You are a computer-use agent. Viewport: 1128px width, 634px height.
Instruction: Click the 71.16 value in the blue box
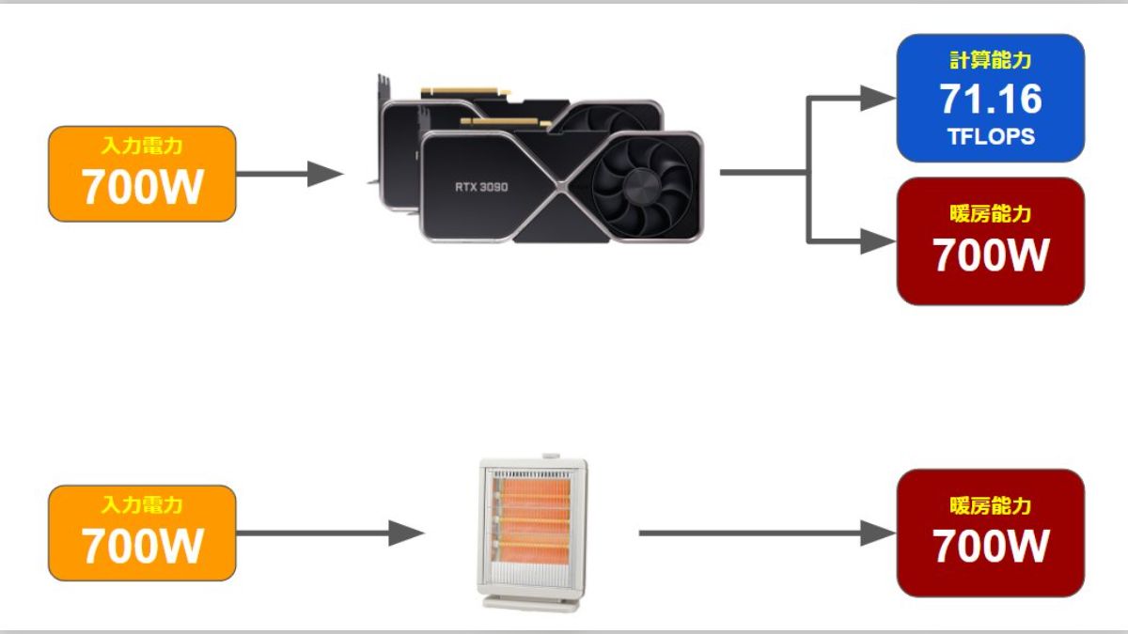(x=991, y=98)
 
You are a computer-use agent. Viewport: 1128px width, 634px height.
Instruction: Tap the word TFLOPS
(x=991, y=136)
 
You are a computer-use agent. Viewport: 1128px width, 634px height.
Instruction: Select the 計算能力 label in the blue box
(x=991, y=61)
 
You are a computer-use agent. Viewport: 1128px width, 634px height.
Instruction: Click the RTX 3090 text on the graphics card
(x=481, y=187)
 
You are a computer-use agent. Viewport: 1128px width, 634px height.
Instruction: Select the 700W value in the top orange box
(x=142, y=187)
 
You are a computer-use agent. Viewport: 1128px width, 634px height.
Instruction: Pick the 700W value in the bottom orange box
(x=142, y=546)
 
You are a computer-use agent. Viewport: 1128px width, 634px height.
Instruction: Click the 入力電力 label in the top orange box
(x=142, y=147)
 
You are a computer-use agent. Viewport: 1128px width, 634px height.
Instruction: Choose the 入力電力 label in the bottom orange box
(x=142, y=505)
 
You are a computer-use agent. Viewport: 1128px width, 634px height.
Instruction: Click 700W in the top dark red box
(x=991, y=255)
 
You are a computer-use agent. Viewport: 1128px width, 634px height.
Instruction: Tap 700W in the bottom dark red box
(x=991, y=546)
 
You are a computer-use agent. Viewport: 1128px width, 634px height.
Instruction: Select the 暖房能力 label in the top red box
(x=991, y=214)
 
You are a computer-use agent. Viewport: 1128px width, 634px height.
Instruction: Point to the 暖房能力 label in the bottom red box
(x=991, y=506)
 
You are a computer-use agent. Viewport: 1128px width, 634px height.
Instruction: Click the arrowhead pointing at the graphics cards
(x=325, y=173)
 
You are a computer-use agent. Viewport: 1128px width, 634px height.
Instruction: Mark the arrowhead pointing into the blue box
(x=878, y=96)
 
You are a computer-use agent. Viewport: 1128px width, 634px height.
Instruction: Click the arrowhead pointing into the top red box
(x=878, y=241)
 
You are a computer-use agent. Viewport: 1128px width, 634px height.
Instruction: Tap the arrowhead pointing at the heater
(x=406, y=533)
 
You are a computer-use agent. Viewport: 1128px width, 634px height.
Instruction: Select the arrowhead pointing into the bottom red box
(x=878, y=533)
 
